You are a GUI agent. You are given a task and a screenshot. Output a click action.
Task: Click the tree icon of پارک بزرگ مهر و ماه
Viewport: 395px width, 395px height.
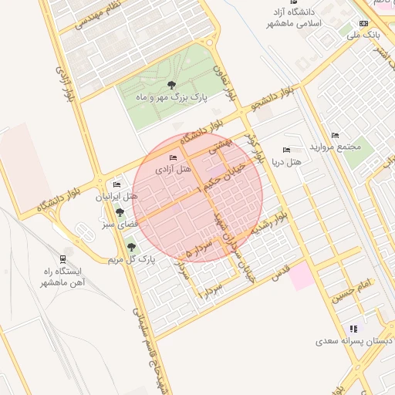coord(171,85)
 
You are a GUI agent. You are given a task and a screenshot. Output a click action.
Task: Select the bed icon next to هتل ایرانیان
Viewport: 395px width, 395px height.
coord(116,184)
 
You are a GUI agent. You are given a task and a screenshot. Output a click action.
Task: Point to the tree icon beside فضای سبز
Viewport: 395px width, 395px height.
coord(120,211)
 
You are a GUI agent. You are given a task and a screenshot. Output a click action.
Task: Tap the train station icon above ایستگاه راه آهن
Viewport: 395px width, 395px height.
coord(62,259)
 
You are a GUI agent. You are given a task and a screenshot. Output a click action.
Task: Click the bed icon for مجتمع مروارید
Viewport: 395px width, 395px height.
coord(334,135)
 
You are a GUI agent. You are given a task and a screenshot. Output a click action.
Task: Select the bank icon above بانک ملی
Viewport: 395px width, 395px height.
coord(364,24)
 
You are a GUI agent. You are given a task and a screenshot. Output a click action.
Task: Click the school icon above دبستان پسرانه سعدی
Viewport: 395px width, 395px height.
coord(353,328)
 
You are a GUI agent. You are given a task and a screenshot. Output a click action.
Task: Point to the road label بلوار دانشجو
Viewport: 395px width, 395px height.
coord(279,96)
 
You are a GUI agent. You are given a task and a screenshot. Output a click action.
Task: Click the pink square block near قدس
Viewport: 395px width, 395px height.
coord(302,275)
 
